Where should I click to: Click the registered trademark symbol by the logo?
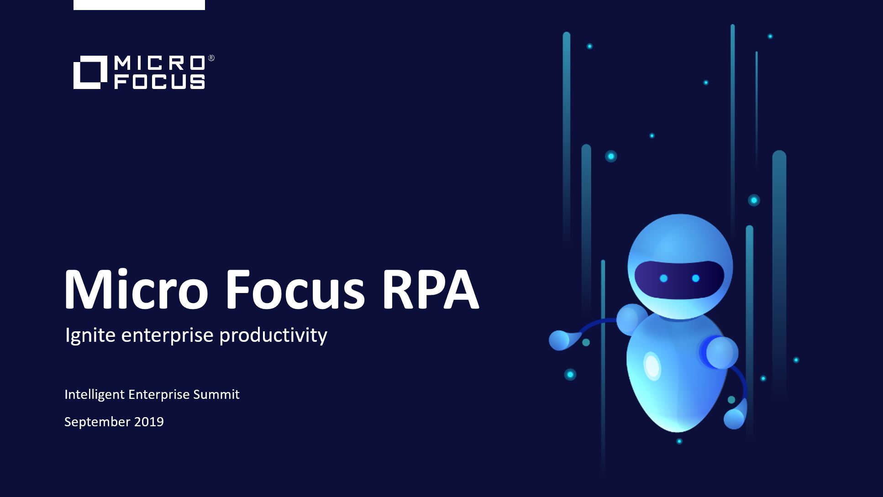[211, 58]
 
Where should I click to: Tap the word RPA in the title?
[430, 289]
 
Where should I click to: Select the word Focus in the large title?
[294, 289]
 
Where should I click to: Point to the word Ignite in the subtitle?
[90, 336]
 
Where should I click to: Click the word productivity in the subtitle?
[273, 336]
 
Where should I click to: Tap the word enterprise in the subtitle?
[167, 336]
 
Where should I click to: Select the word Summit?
[216, 394]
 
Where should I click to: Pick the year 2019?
[149, 422]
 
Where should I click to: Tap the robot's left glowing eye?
[664, 278]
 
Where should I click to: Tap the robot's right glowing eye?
[695, 278]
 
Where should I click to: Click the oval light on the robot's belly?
[652, 366]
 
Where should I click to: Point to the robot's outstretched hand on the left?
[560, 340]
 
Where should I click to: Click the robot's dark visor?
[679, 280]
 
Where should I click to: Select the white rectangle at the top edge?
[139, 5]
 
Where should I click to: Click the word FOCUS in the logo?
[159, 82]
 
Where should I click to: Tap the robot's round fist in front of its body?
[721, 352]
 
